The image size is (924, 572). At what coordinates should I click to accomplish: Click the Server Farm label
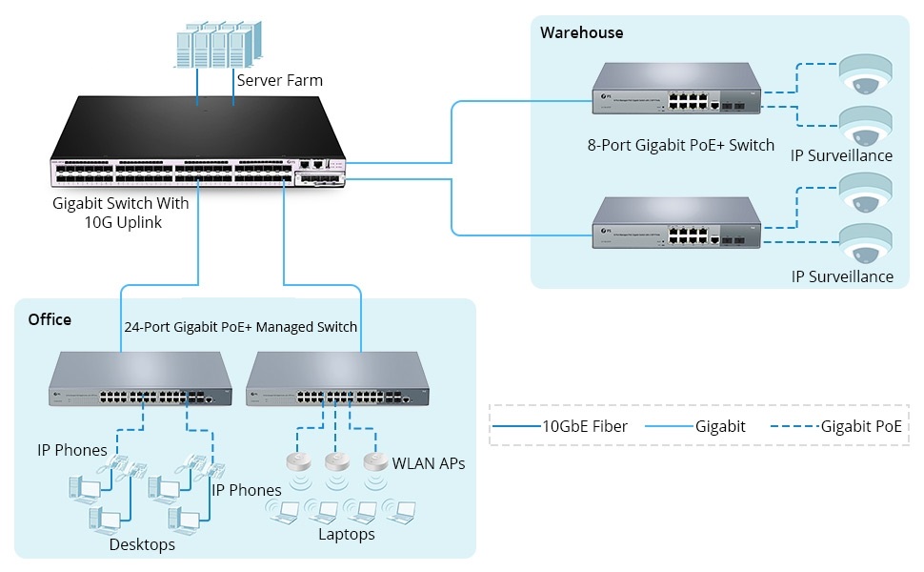point(279,80)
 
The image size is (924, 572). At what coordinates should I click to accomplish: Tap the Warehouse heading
point(581,32)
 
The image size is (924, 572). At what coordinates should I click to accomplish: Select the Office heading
point(50,319)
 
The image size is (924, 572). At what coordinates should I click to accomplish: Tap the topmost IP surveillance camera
point(864,74)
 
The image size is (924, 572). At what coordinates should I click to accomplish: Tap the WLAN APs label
point(429,464)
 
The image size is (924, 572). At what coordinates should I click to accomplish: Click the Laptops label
point(347,534)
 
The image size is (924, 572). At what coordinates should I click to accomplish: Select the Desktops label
point(142,544)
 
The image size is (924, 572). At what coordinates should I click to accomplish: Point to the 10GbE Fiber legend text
point(585,426)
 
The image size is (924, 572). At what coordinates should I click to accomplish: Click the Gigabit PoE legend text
point(861,426)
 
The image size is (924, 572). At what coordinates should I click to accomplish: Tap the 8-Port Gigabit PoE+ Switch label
point(681,146)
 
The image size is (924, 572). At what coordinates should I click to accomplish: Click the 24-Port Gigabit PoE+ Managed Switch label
point(241,326)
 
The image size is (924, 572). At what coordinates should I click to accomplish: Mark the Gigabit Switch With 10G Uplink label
point(121,213)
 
